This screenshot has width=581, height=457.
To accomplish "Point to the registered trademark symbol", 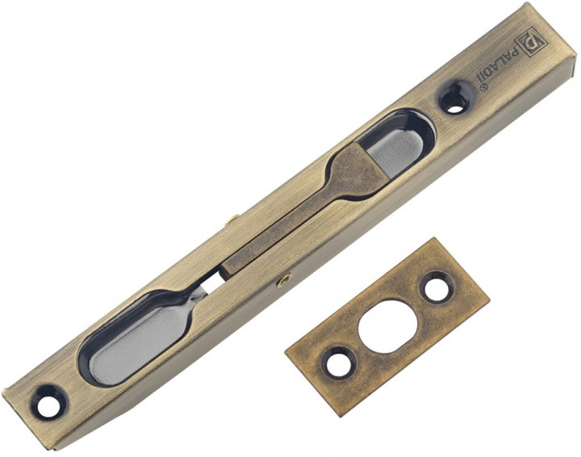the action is (x=483, y=88).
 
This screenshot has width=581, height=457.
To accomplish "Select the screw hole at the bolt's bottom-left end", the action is (x=49, y=400).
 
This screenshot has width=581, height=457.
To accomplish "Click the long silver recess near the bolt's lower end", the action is (x=133, y=341).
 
